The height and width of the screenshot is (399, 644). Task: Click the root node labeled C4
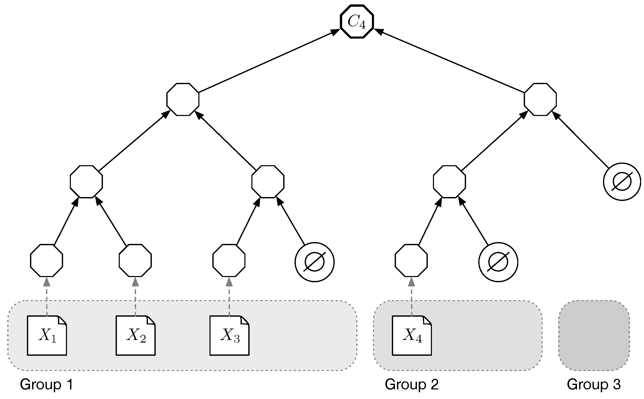[357, 22]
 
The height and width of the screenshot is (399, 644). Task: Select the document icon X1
[47, 335]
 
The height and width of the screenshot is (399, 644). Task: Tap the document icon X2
[136, 335]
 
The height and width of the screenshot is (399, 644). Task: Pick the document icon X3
[229, 335]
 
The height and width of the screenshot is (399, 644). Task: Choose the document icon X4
[412, 335]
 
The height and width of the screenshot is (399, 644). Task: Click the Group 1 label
[46, 384]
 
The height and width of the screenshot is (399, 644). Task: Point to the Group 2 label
[411, 384]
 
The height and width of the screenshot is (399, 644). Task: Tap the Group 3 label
[594, 384]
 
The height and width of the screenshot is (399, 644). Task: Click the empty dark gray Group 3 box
[594, 335]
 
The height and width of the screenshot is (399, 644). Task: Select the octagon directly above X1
[46, 260]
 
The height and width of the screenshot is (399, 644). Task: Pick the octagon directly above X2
[135, 260]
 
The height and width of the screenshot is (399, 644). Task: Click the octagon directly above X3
[229, 260]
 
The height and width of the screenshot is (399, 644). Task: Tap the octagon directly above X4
[411, 260]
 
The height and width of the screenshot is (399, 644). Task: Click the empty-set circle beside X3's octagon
[314, 262]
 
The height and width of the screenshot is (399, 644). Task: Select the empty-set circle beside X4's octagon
[498, 262]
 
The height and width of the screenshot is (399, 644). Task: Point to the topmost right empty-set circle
[622, 182]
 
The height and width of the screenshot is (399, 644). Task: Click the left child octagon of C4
[183, 99]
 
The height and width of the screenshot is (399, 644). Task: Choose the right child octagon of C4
[540, 99]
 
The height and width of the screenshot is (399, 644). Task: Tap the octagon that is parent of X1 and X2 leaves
[86, 182]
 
